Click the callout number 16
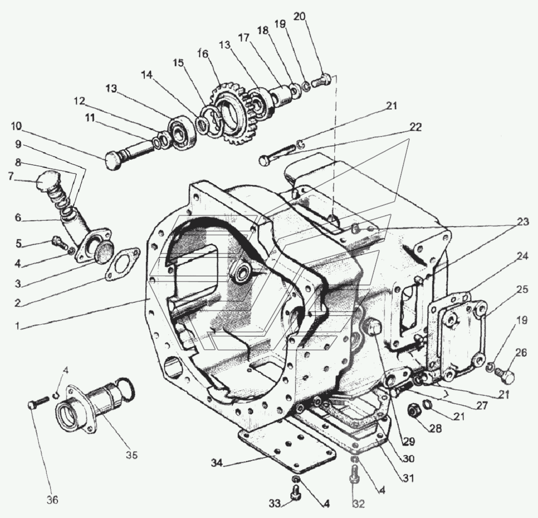[x=203, y=54]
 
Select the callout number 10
[x=16, y=127]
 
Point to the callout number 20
[x=300, y=16]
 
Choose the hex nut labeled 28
[x=413, y=409]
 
